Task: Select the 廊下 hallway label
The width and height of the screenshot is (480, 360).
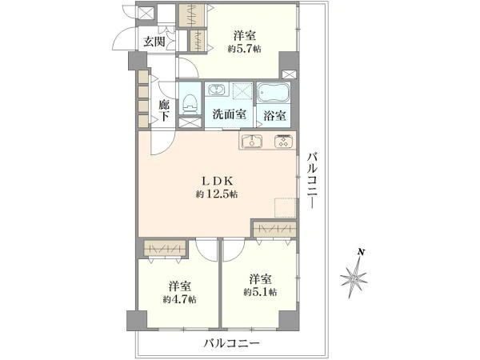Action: click(x=163, y=110)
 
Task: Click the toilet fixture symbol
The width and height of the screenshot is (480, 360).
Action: click(x=190, y=101)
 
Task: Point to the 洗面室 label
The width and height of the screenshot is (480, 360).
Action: click(x=229, y=114)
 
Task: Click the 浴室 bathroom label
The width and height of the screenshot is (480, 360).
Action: click(x=274, y=114)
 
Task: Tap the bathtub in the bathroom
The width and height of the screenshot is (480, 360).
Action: click(x=275, y=92)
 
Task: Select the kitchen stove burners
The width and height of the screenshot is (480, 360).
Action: click(x=284, y=142)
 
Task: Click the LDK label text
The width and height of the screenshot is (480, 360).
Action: click(x=217, y=180)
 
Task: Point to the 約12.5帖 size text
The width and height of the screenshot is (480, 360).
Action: click(x=217, y=194)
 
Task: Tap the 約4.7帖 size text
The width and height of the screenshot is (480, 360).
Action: click(x=180, y=299)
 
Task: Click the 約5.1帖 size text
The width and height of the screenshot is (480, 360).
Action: click(x=261, y=293)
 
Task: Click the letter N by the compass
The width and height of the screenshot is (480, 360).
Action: click(x=362, y=254)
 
